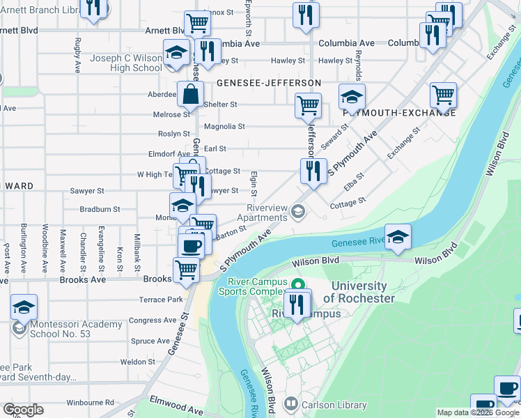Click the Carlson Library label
pyautogui.click(x=334, y=405)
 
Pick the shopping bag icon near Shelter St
pyautogui.click(x=190, y=94)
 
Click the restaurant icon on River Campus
pyautogui.click(x=297, y=304)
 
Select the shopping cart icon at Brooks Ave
pyautogui.click(x=185, y=269)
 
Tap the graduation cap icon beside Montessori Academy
pyautogui.click(x=24, y=307)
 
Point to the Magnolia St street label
pyautogui.click(x=224, y=127)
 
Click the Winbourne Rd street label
pyautogui.click(x=91, y=403)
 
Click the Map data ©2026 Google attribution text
pyautogui.click(x=477, y=412)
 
